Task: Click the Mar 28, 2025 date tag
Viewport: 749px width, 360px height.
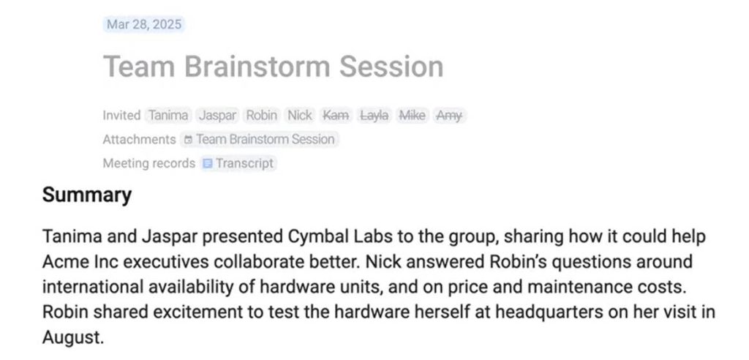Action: click(x=143, y=24)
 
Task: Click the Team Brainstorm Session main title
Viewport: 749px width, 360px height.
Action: click(x=273, y=67)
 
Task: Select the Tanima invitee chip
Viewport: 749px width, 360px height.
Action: click(x=168, y=115)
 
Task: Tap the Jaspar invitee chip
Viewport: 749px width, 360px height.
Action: click(x=217, y=115)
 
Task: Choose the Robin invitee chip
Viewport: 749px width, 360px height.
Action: click(x=261, y=115)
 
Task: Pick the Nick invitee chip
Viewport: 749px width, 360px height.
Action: click(x=300, y=115)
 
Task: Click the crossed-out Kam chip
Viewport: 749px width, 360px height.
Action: click(x=336, y=115)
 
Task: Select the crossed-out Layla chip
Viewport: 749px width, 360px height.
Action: click(x=374, y=115)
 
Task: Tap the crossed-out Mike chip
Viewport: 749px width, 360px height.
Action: click(x=412, y=115)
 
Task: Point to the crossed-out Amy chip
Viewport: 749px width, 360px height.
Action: click(x=448, y=115)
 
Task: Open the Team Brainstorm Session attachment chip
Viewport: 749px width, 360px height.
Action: click(x=260, y=139)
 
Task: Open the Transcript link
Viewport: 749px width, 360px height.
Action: click(x=244, y=163)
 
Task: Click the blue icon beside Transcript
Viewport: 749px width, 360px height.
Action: click(x=208, y=163)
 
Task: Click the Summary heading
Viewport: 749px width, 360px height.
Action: click(x=87, y=195)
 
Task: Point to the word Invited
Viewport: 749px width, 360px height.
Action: click(x=121, y=115)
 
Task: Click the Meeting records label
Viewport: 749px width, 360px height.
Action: click(x=148, y=163)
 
